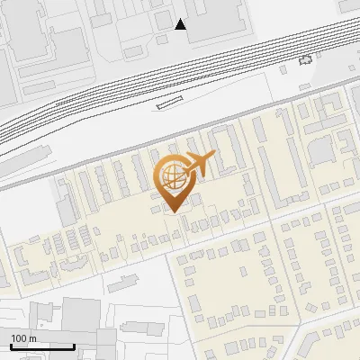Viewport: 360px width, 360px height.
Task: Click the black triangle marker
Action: tap(181, 24)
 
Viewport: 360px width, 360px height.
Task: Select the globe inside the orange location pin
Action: tap(173, 175)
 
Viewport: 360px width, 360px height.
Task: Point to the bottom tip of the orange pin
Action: tap(172, 211)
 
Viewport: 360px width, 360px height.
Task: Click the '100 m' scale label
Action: tap(23, 337)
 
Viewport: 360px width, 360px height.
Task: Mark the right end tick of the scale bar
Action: tap(74, 346)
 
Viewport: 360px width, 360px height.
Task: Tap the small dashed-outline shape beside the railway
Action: tap(307, 59)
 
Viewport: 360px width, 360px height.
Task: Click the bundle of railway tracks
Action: tap(135, 90)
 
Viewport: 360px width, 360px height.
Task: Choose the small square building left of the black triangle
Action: tap(161, 17)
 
